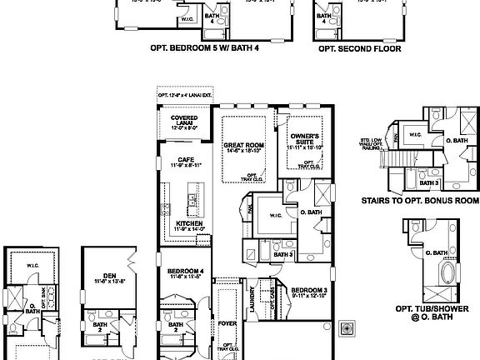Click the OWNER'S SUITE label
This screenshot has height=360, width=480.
click(305, 138)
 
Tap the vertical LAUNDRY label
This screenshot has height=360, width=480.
click(251, 298)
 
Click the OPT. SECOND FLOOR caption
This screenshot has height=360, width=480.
click(360, 49)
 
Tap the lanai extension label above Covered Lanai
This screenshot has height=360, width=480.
click(184, 96)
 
